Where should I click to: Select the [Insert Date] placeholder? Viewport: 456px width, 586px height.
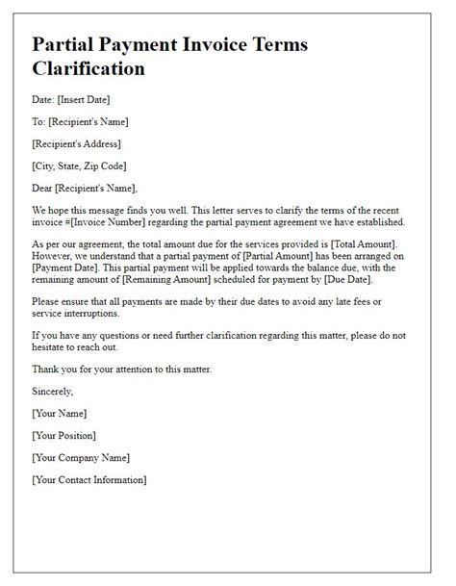tap(87, 99)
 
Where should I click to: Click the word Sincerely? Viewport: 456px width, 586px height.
tap(53, 392)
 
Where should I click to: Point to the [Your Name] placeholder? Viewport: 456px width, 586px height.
tap(60, 413)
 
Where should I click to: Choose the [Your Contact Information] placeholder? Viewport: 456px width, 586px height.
tap(89, 479)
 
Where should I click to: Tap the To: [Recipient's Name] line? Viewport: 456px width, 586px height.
tap(79, 121)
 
